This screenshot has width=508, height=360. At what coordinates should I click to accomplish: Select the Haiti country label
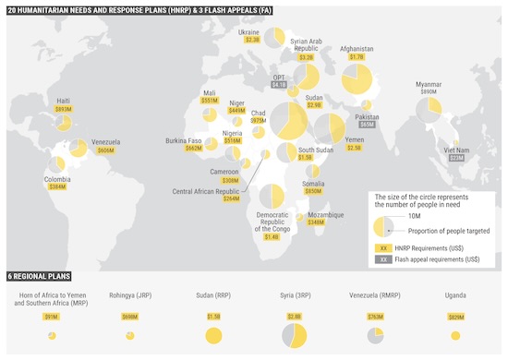point(63,100)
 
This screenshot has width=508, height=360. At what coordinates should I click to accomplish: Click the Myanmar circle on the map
point(428,110)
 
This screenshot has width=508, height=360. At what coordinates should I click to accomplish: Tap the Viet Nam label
point(456,150)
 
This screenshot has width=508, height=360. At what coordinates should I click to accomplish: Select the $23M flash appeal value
point(456,158)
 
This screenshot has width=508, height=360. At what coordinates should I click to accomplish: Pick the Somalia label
point(313,183)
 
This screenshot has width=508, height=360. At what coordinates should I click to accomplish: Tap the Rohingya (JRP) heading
point(129,296)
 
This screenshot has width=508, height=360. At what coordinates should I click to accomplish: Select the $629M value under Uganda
point(456,318)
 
